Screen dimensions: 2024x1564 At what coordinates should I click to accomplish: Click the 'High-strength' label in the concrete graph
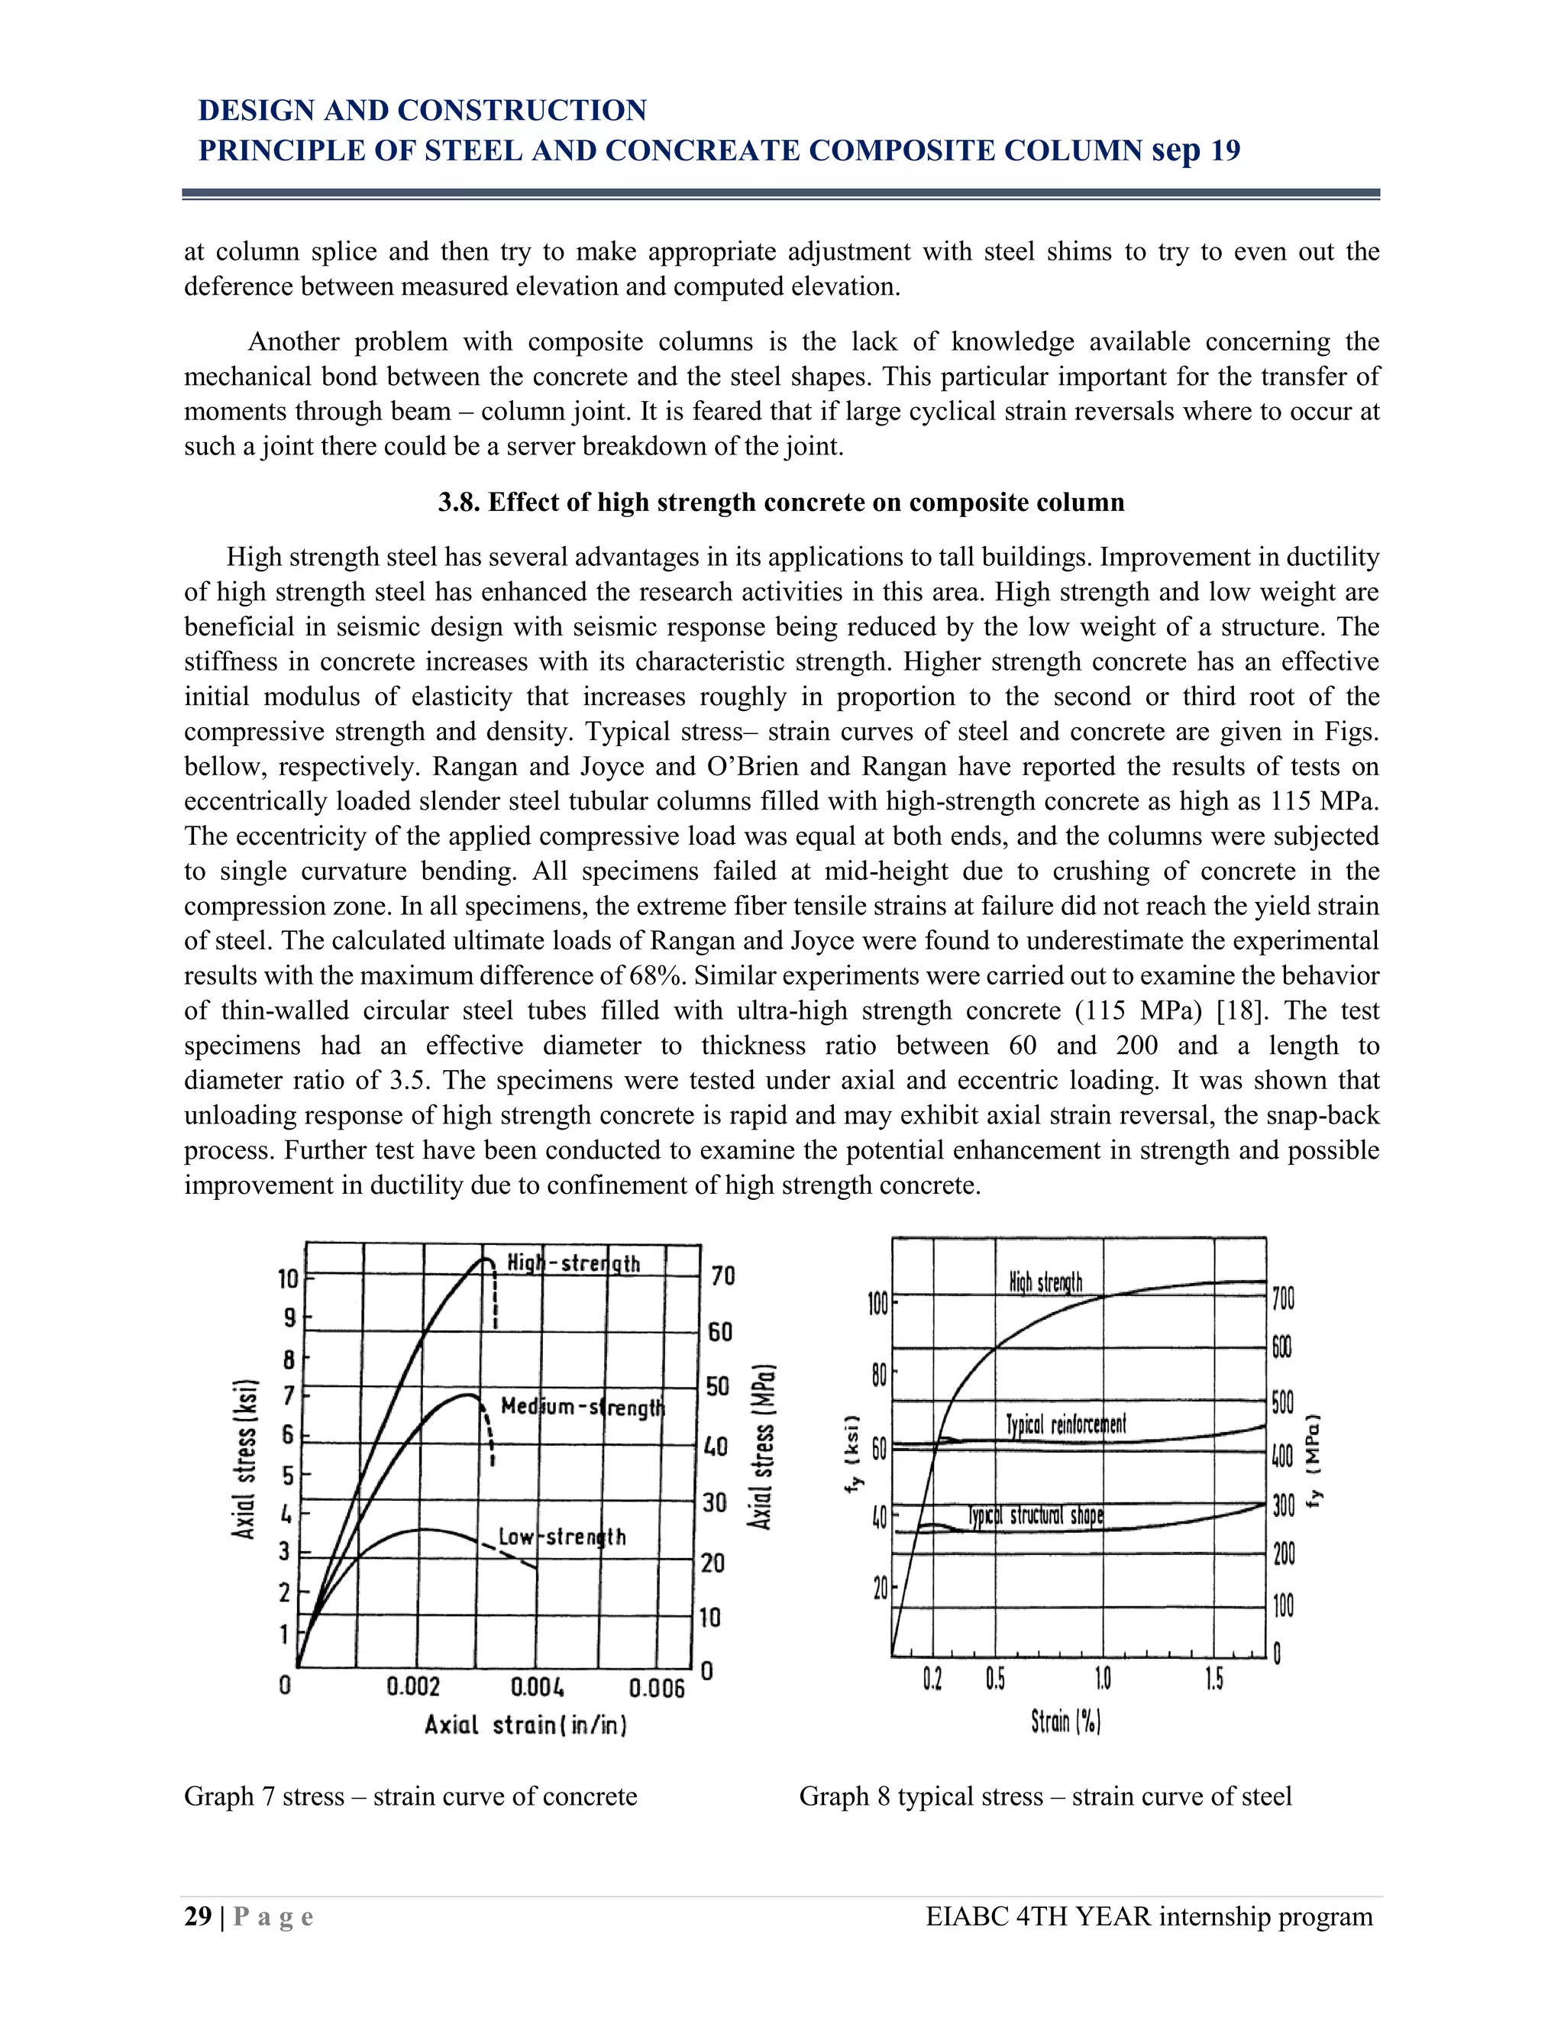pos(574,1263)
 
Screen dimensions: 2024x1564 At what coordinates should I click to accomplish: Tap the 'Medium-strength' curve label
pos(583,1407)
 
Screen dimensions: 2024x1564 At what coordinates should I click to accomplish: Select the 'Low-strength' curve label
pos(562,1537)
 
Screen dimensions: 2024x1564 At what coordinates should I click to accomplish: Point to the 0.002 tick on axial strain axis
pos(413,1686)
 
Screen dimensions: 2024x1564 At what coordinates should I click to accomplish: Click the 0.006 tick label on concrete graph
pos(657,1688)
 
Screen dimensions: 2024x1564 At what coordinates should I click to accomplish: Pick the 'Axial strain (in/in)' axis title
pos(525,1725)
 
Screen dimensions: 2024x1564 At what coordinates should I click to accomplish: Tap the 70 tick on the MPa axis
pos(722,1276)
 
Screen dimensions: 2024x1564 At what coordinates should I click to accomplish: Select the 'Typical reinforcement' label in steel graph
pos(1065,1424)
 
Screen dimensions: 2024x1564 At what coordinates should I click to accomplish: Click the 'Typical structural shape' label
pos(1036,1515)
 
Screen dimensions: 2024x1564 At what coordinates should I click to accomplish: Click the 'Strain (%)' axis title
pos(1065,1721)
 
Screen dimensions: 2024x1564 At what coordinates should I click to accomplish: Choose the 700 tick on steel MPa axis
pos(1283,1298)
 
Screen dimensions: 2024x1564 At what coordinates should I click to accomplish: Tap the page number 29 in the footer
pos(197,1916)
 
